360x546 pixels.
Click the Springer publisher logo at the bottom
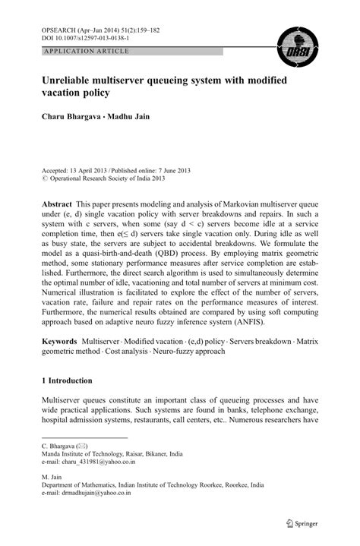pos(305,524)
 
